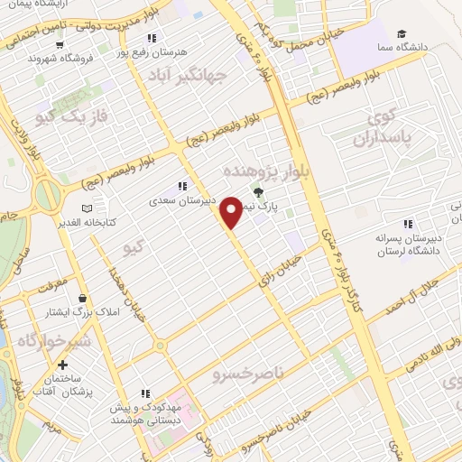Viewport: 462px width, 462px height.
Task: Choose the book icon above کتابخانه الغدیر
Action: click(87, 208)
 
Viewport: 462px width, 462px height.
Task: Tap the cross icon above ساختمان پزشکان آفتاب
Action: click(62, 366)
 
